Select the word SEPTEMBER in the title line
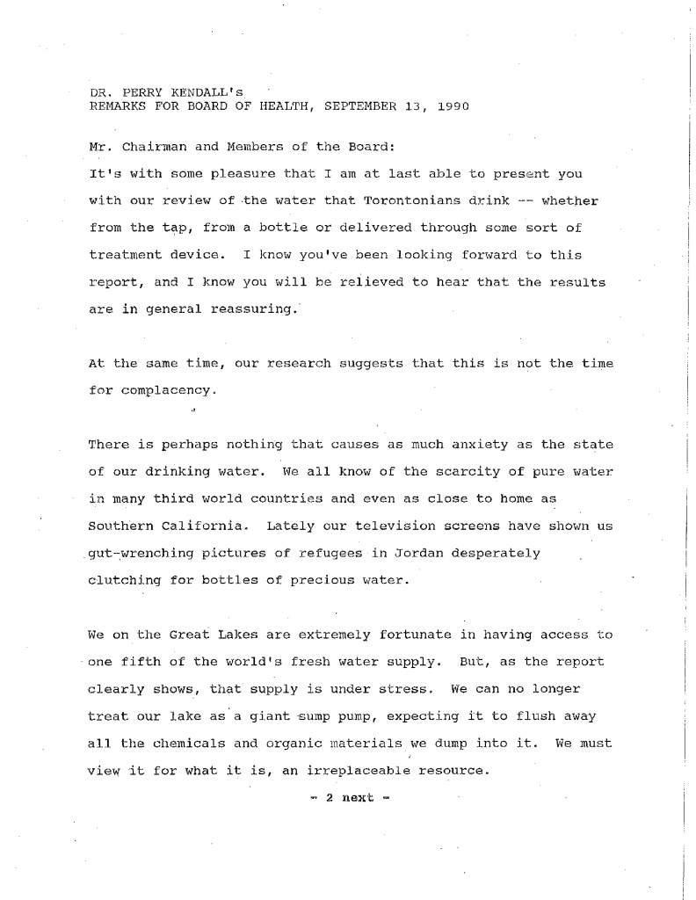pos(358,105)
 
